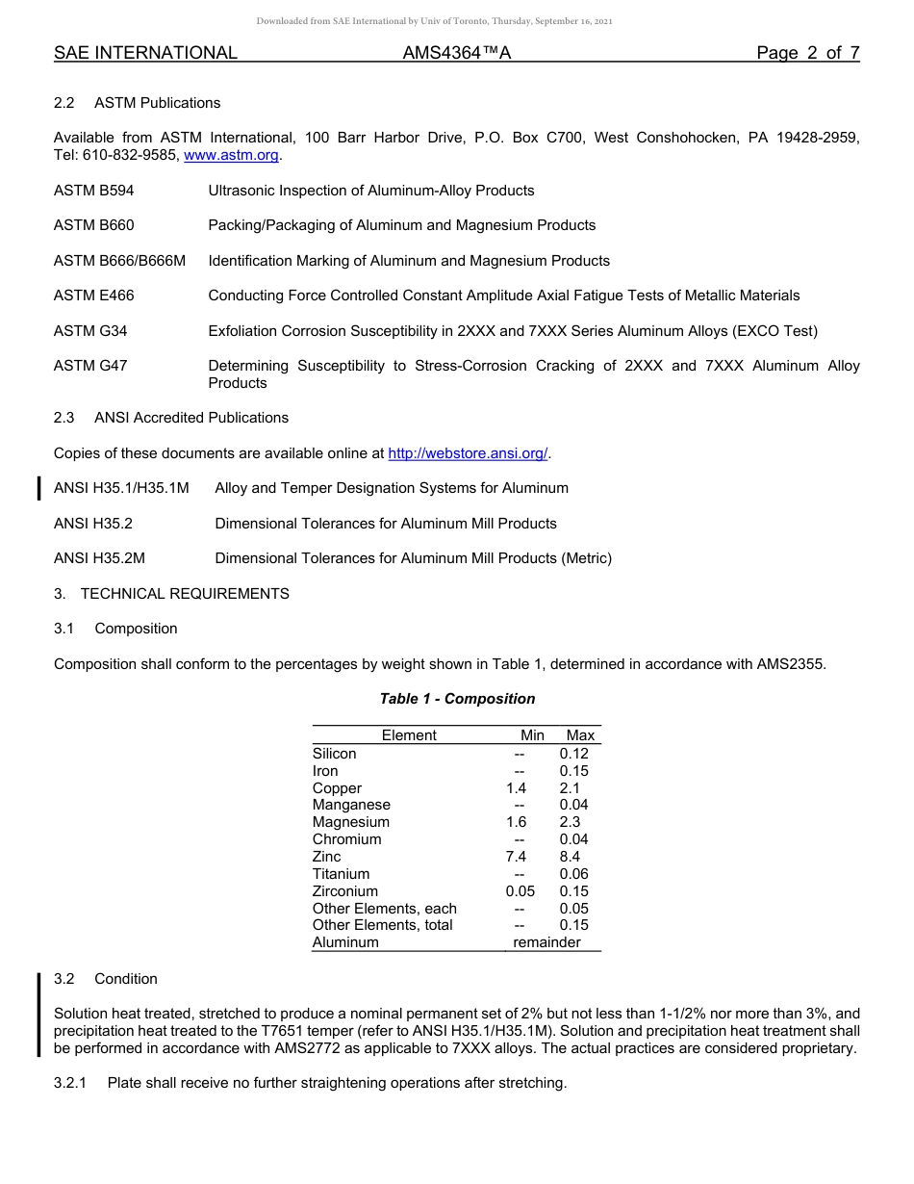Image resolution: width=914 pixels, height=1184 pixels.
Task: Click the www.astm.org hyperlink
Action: [x=231, y=155]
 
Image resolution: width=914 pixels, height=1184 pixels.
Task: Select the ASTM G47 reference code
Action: [x=90, y=366]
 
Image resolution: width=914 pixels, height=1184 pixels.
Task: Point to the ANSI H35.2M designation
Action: [x=100, y=558]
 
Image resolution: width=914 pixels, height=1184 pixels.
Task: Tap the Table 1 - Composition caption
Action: [x=457, y=699]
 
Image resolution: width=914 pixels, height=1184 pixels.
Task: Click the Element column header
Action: [x=409, y=735]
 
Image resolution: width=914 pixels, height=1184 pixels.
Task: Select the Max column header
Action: [x=580, y=735]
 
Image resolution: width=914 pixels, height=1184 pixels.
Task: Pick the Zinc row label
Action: [x=327, y=857]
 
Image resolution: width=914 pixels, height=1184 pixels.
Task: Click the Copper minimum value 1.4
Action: [x=517, y=788]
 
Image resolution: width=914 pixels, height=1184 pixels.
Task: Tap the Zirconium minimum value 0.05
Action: [x=520, y=891]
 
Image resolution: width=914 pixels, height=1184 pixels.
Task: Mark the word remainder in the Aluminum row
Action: [x=546, y=942]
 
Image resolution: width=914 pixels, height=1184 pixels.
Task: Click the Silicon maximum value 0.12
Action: [x=574, y=754]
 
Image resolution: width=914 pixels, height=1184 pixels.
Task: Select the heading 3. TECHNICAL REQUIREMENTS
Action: [x=171, y=594]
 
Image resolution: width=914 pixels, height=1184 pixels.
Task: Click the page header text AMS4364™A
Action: [x=457, y=53]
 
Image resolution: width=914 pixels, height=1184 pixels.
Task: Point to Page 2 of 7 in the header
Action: [x=807, y=53]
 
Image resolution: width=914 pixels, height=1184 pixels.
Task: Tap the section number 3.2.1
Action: [x=70, y=1083]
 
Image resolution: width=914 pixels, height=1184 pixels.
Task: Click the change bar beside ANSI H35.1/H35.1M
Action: [x=38, y=489]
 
